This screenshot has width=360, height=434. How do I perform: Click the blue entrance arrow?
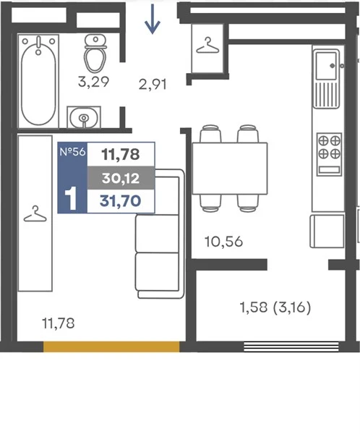click(x=153, y=19)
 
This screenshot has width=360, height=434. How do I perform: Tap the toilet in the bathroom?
click(x=95, y=53)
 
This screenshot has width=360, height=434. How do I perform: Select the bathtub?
click(x=38, y=81)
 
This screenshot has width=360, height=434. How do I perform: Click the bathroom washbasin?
click(x=84, y=117)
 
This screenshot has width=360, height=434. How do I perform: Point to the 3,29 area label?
click(x=93, y=82)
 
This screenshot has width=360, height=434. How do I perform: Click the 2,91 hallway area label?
click(x=153, y=85)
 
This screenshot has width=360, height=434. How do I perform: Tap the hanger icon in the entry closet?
click(x=207, y=46)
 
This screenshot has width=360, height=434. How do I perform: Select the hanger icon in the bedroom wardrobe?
click(x=35, y=214)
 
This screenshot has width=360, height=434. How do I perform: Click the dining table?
click(x=230, y=169)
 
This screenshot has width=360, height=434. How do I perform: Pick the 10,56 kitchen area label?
click(x=223, y=242)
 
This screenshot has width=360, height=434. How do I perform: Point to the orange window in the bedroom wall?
click(x=111, y=346)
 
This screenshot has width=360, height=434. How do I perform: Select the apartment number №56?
click(x=72, y=152)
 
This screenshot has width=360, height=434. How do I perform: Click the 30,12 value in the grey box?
click(x=121, y=178)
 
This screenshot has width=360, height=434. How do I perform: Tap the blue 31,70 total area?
click(x=121, y=200)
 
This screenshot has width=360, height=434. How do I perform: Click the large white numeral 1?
click(x=72, y=198)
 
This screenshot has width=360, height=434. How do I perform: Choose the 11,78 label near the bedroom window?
click(x=58, y=323)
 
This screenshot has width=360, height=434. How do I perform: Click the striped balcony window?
click(x=291, y=346)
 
